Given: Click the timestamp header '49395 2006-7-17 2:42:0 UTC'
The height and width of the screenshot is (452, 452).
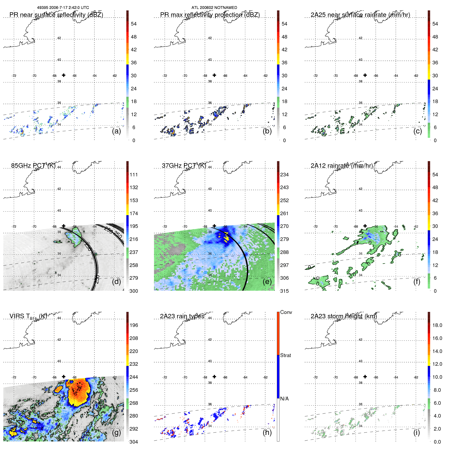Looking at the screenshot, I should click(63, 8).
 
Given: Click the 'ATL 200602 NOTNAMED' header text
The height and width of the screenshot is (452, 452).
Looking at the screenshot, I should click(214, 8).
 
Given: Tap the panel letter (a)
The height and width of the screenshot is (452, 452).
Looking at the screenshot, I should click(116, 131).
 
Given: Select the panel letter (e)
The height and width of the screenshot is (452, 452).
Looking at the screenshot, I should click(267, 282).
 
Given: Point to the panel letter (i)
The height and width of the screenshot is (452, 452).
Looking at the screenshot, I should click(417, 432).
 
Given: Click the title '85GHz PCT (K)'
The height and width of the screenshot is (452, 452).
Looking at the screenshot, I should click(33, 166).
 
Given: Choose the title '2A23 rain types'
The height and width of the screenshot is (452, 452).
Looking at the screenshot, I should click(182, 316).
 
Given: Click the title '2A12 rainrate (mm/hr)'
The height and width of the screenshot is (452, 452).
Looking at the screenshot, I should click(341, 166).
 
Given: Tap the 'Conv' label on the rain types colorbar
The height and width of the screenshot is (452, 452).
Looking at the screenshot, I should click(286, 312).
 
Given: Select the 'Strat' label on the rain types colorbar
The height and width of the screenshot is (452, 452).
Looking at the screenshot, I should click(285, 355).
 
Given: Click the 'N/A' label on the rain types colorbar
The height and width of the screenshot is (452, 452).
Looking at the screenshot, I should click(284, 399).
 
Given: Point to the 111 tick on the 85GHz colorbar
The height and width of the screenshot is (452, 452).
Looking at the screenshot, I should click(134, 175).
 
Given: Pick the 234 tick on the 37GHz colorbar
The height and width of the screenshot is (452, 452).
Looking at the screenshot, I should click(284, 175).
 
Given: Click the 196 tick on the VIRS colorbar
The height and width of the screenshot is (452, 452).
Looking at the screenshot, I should click(134, 325).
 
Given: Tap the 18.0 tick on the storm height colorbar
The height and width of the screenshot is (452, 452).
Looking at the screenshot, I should click(437, 325).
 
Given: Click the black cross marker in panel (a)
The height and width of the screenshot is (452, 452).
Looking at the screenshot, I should click(64, 75).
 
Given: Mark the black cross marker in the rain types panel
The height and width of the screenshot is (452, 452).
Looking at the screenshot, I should click(214, 376).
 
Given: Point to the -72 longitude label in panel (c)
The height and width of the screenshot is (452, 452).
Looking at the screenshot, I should click(315, 76).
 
